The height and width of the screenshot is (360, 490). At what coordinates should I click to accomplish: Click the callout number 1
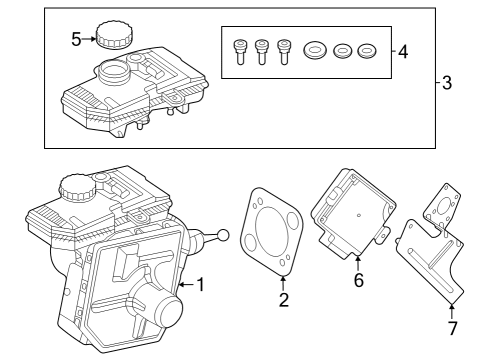point(200,285)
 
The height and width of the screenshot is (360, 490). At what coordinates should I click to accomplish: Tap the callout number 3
point(446,83)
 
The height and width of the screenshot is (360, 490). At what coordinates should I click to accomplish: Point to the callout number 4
point(402,50)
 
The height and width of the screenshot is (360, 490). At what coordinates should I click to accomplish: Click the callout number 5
point(76,40)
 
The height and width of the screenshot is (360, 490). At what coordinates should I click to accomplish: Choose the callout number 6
point(358,280)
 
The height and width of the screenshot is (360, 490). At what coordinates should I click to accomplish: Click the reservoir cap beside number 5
point(111,34)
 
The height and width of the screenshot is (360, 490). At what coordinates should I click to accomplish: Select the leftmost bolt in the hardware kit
point(239,51)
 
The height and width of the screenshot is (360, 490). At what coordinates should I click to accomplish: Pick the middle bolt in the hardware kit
point(262,51)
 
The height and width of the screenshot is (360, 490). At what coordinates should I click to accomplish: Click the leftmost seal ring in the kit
point(317,49)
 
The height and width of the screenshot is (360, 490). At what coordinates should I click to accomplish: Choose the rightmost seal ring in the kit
point(367,49)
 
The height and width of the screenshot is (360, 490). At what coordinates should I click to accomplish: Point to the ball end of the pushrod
point(222,236)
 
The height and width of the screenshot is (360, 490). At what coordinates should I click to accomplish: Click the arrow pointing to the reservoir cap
point(90,40)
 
